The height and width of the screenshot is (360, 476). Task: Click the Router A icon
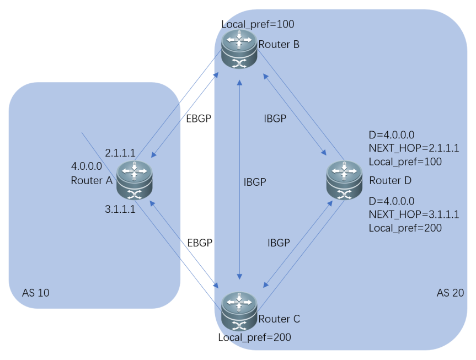[x=135, y=180]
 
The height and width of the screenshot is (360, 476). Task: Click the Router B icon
[x=239, y=49]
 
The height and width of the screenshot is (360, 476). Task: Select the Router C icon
[x=239, y=311]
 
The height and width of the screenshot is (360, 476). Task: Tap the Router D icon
[x=344, y=180]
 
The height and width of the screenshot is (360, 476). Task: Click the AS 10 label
[x=35, y=293]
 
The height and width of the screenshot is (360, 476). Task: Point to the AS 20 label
[x=450, y=293]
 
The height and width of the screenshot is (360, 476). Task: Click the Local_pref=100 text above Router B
[x=258, y=24]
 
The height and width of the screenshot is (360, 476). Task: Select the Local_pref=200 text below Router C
[x=255, y=337]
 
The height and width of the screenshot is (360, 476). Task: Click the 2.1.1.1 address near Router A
[x=120, y=153]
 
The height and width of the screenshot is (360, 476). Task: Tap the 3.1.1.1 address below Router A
[x=120, y=209]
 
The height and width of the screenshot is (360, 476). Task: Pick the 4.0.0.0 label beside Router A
[x=87, y=166]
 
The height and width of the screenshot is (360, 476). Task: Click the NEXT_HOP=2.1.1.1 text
[x=414, y=148]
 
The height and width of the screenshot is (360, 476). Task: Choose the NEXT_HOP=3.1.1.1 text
[x=414, y=214]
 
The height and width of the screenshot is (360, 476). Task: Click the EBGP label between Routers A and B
[x=199, y=119]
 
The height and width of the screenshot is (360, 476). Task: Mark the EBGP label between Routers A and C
[x=200, y=243]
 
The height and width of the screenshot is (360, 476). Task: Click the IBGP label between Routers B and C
[x=255, y=182]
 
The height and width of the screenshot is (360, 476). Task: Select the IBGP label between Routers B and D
[x=275, y=119]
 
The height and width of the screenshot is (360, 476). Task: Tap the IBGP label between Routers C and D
[x=279, y=243]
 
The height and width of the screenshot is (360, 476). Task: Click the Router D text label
[x=391, y=181]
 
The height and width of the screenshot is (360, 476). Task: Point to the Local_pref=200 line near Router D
[x=405, y=228]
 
